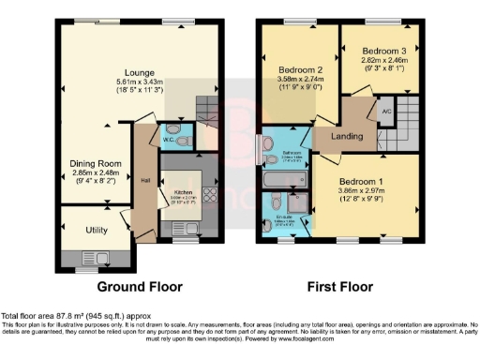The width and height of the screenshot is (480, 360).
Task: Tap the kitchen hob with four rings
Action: pyautogui.click(x=207, y=198)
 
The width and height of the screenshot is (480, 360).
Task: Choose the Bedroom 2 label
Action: pyautogui.click(x=299, y=69)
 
